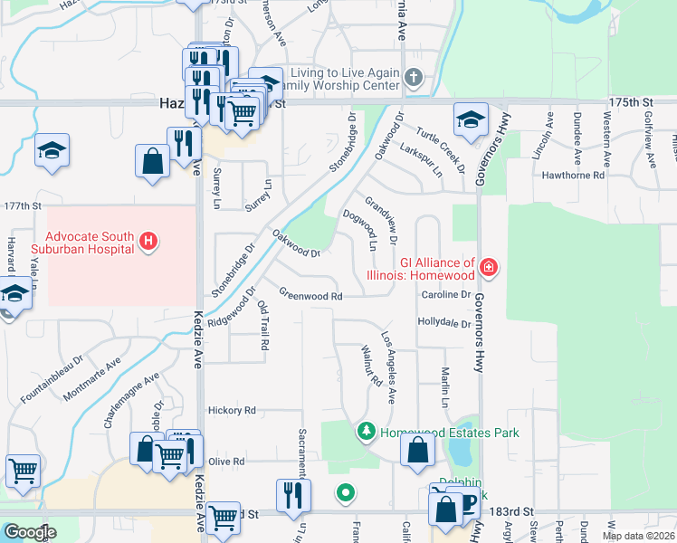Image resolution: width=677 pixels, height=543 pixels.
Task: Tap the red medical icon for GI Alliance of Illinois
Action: [489, 267]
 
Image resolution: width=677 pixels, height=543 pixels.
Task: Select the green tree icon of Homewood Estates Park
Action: [367, 432]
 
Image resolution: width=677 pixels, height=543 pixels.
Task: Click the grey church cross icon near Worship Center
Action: [414, 76]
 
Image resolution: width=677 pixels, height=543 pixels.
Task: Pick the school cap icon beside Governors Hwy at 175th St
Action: [471, 119]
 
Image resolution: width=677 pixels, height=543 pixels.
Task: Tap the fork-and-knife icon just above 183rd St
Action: [293, 493]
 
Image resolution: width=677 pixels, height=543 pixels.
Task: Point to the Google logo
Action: [29, 532]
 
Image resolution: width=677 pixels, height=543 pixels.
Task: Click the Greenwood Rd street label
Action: [310, 296]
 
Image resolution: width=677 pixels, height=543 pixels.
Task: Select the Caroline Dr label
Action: [445, 295]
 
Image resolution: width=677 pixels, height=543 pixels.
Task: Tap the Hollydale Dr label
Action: [444, 322]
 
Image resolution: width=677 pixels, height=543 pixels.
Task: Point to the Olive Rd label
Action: [226, 462]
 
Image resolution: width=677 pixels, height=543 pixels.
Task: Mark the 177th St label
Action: [23, 206]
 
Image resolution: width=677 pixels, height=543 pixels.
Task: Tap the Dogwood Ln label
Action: [359, 230]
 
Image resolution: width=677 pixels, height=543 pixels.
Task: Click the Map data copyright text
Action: [637, 536]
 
